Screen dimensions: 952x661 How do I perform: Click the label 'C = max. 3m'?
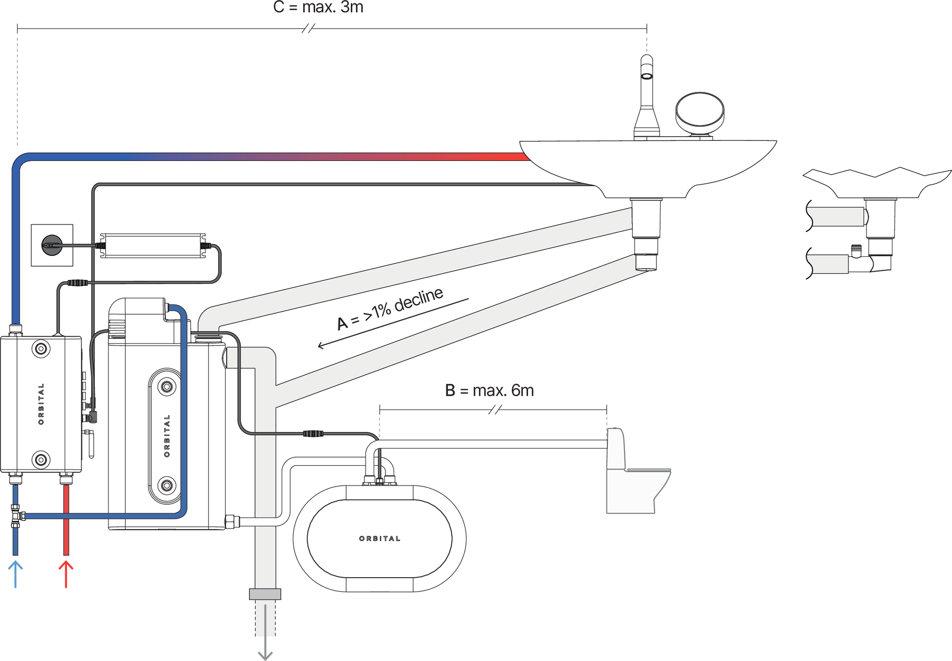[x=318, y=7]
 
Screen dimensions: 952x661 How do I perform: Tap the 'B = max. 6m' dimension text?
[x=489, y=391]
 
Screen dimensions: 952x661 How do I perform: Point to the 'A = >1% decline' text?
[x=390, y=309]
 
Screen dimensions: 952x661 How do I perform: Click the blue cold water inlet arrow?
[x=16, y=574]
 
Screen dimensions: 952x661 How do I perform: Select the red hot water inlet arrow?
[x=66, y=574]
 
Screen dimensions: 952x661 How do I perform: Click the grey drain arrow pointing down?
[x=265, y=632]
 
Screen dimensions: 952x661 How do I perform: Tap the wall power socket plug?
[x=52, y=245]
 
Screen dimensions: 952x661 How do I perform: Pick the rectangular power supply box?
[x=153, y=246]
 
